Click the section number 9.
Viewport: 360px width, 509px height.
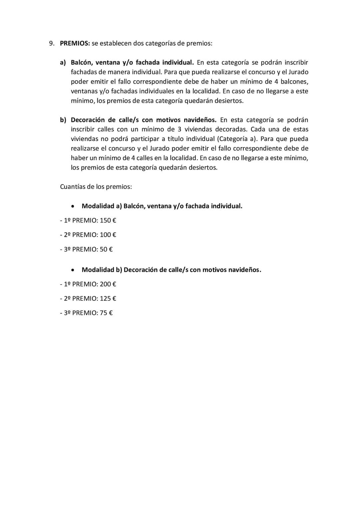(52, 43)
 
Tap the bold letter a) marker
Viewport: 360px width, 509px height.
(63, 63)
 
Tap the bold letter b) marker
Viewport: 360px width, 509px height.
(63, 120)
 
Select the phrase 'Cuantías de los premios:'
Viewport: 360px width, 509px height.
(96, 187)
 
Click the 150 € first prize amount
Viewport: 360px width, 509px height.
(108, 220)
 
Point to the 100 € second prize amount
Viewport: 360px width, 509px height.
(108, 235)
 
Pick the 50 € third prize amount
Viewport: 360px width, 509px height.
(106, 249)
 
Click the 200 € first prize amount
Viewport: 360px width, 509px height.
(108, 284)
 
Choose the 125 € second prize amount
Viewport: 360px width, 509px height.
(108, 298)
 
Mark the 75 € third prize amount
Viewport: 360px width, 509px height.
(106, 313)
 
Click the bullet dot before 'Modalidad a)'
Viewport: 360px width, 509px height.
(73, 206)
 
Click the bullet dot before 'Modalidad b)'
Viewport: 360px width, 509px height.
(73, 270)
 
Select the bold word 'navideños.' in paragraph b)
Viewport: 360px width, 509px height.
(200, 120)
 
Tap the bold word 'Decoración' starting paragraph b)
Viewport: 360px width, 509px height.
(88, 120)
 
